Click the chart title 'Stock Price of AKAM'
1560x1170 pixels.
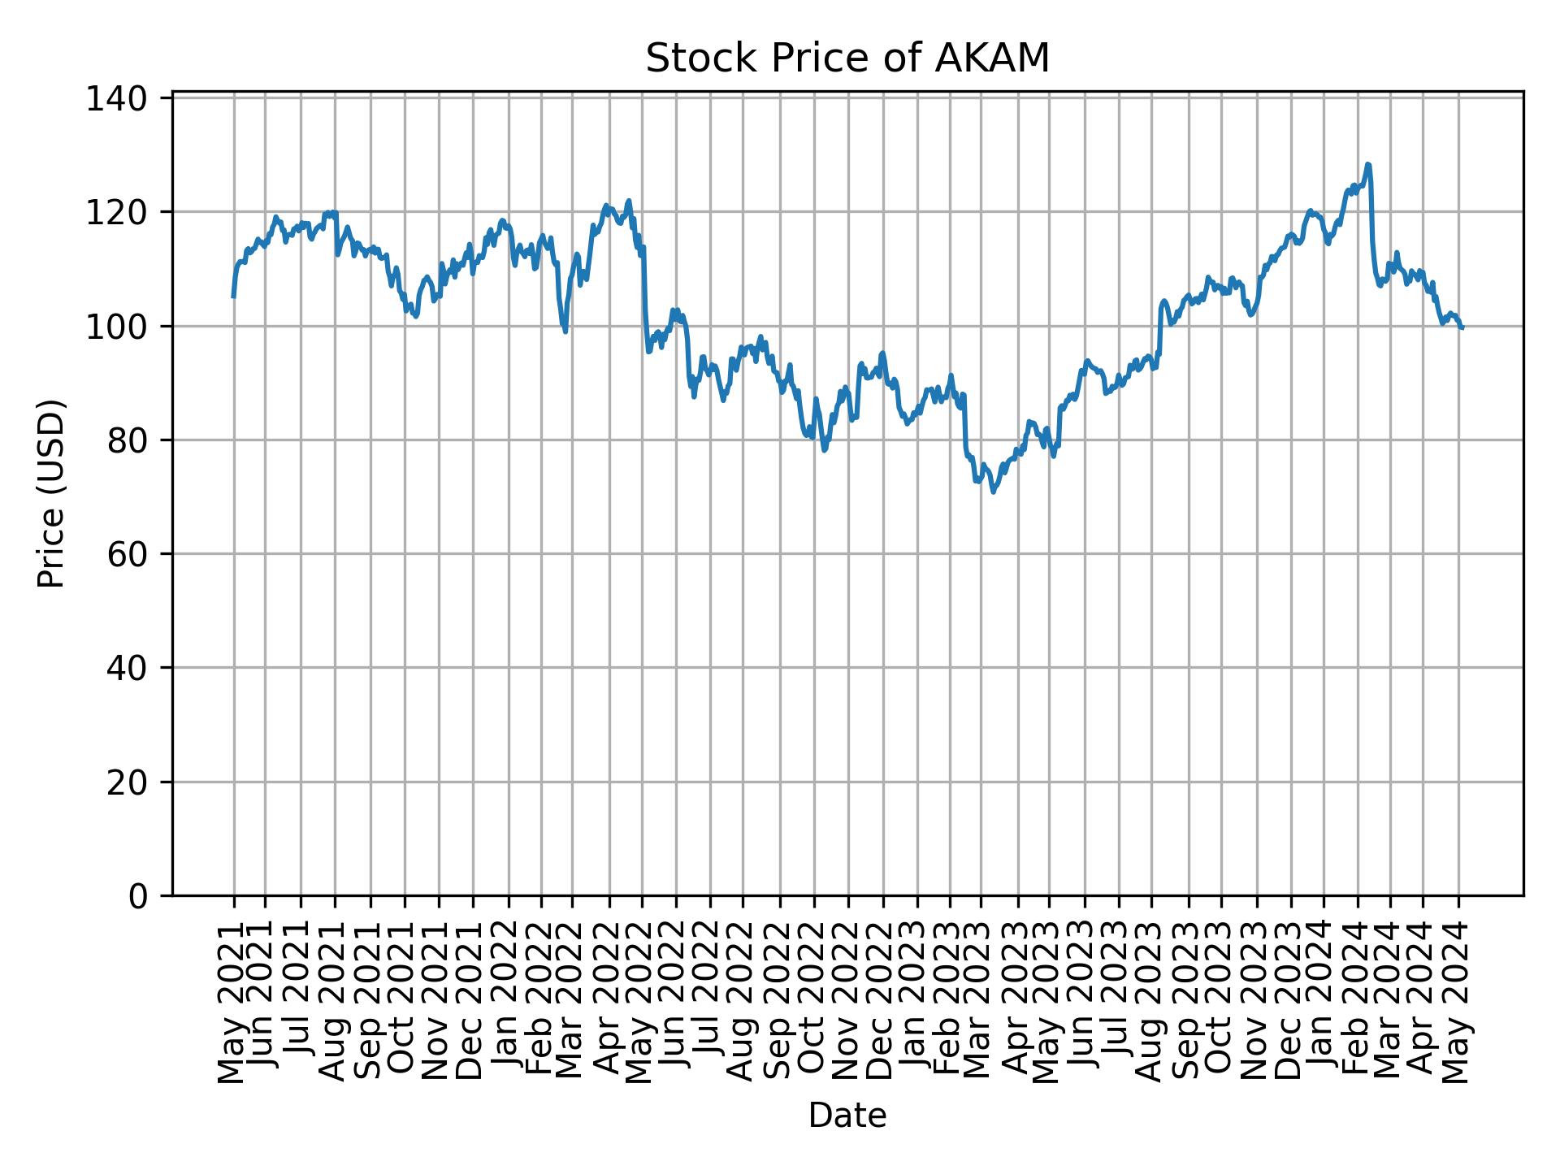click(847, 59)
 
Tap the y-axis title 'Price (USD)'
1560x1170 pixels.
click(51, 493)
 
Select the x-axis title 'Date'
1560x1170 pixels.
click(847, 1116)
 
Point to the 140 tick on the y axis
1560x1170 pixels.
click(126, 98)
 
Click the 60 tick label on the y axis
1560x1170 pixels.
click(126, 554)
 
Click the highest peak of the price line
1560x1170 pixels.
click(1368, 164)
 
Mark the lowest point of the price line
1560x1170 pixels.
click(993, 492)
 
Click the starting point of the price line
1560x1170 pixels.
click(233, 297)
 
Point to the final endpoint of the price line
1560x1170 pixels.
click(1462, 328)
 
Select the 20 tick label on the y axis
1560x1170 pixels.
click(126, 782)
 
